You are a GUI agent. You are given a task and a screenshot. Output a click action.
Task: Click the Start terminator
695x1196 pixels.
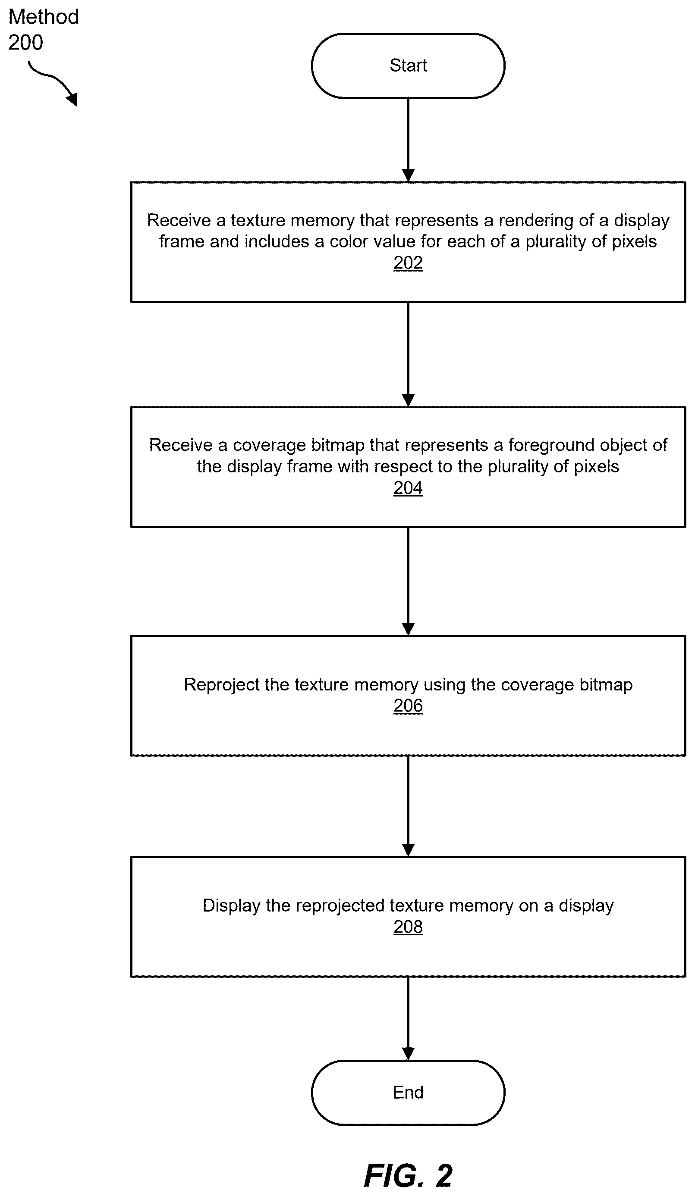click(x=408, y=66)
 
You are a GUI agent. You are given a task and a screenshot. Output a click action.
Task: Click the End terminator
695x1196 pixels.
click(x=408, y=1093)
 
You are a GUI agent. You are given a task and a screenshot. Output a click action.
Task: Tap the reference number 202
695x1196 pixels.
click(x=408, y=263)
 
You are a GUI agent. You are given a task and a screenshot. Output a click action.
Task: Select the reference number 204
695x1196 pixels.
click(x=408, y=488)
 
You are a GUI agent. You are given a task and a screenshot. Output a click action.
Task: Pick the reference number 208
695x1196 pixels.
click(x=408, y=927)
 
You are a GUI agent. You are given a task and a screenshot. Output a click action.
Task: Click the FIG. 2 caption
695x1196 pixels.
click(x=408, y=1175)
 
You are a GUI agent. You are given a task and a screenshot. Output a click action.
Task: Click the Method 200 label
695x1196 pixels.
click(x=43, y=29)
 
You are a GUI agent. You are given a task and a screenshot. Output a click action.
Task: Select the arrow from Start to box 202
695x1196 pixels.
click(x=408, y=140)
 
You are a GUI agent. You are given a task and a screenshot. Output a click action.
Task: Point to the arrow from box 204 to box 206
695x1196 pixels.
click(x=408, y=581)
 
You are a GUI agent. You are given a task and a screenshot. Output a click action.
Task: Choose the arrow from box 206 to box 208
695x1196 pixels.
click(x=408, y=806)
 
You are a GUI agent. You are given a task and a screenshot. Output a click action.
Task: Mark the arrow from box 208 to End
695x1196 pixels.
click(x=408, y=1019)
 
